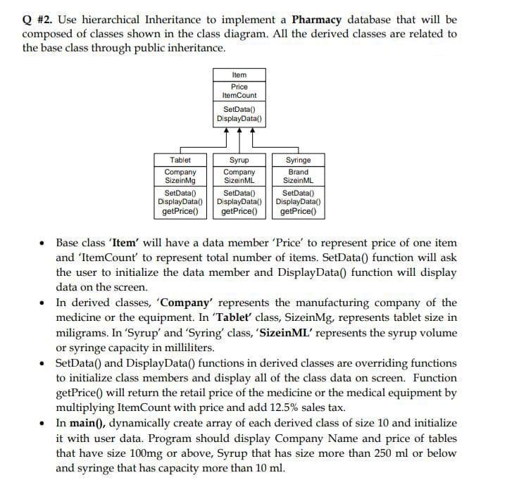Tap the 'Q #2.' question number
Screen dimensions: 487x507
(x=37, y=20)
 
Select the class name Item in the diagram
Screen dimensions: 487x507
(x=239, y=74)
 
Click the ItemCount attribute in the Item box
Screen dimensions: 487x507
(x=239, y=95)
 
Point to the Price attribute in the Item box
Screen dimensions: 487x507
(x=239, y=87)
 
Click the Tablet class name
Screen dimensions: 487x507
(x=180, y=160)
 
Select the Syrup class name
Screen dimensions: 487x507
(x=239, y=160)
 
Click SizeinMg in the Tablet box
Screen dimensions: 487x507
(x=180, y=180)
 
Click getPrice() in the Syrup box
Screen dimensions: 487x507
(x=239, y=210)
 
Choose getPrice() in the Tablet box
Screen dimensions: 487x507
(x=180, y=210)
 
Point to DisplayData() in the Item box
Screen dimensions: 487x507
(x=239, y=119)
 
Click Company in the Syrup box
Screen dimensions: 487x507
(x=239, y=172)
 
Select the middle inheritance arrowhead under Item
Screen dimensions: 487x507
(x=239, y=132)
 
